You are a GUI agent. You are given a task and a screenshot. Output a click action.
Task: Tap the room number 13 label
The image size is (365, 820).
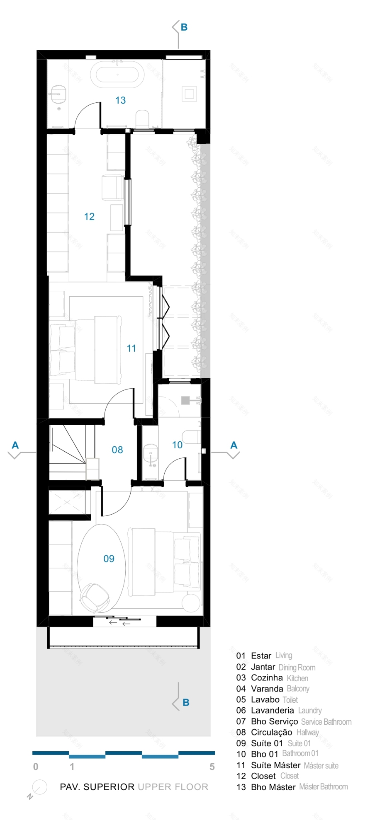point(120,100)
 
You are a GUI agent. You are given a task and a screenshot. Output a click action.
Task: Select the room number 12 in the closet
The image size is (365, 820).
point(89,217)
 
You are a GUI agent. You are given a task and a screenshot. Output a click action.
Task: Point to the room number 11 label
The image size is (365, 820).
point(131,348)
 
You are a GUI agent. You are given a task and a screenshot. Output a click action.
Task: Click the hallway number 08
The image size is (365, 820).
point(117,450)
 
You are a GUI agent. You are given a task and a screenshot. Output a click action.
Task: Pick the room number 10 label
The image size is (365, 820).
point(177,445)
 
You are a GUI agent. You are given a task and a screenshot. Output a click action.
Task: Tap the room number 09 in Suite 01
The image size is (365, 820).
point(109,559)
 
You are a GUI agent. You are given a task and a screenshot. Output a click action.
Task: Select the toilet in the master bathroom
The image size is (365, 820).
point(142,119)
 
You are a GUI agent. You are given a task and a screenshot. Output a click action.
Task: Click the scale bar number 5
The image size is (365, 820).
point(212,767)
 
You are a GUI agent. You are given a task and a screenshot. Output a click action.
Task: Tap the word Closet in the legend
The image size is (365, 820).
point(263,776)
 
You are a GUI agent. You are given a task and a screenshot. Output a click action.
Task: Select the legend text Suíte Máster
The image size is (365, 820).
point(275,765)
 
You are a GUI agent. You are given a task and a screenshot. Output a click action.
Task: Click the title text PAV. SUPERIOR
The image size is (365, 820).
point(97,787)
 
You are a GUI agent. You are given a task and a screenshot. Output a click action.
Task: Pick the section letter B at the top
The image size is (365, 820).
point(184,27)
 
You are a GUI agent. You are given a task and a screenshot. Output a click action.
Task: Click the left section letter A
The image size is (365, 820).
point(15,445)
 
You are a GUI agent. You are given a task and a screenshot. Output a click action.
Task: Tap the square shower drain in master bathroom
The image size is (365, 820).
point(190,93)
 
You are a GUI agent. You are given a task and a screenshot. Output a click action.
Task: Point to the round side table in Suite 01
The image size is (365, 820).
point(191,602)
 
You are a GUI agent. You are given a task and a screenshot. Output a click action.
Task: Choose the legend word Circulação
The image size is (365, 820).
point(271,732)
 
